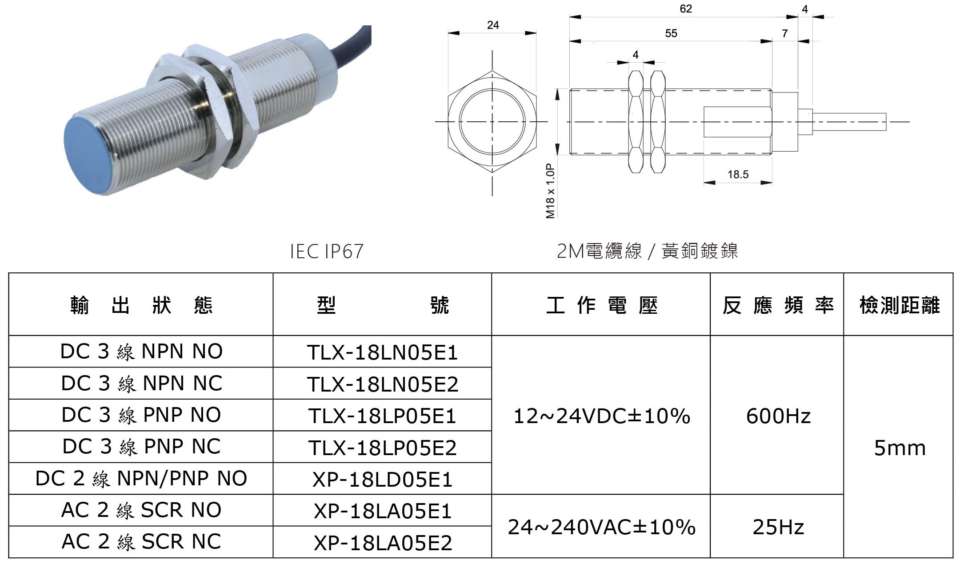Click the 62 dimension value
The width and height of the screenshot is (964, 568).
click(686, 9)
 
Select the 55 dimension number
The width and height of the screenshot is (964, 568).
click(671, 33)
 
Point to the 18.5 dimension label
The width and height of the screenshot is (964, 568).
click(738, 174)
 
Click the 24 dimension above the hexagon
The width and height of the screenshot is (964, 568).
click(493, 25)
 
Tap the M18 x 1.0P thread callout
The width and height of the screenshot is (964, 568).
click(550, 190)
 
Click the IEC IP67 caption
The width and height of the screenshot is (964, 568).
click(327, 252)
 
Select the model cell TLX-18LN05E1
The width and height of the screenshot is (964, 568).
click(382, 352)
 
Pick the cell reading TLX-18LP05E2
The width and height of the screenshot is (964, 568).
click(382, 448)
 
